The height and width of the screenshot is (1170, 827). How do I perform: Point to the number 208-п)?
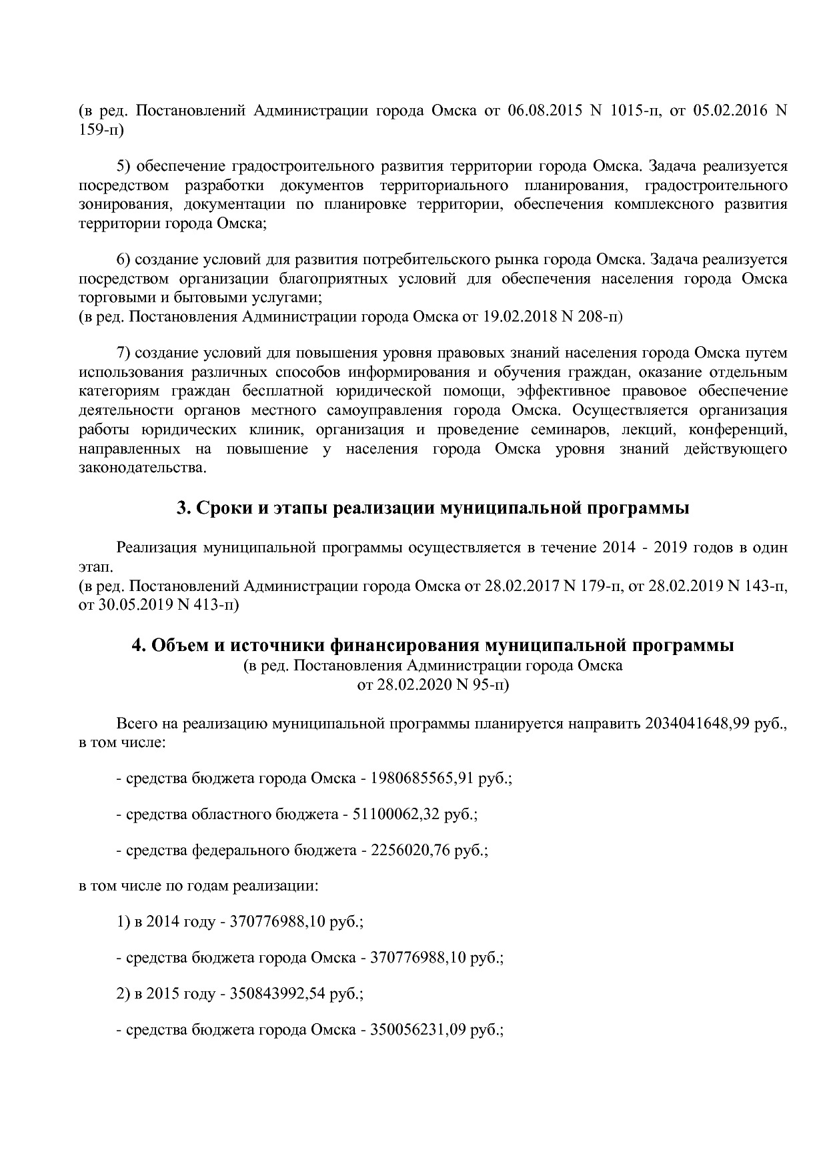(600, 316)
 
